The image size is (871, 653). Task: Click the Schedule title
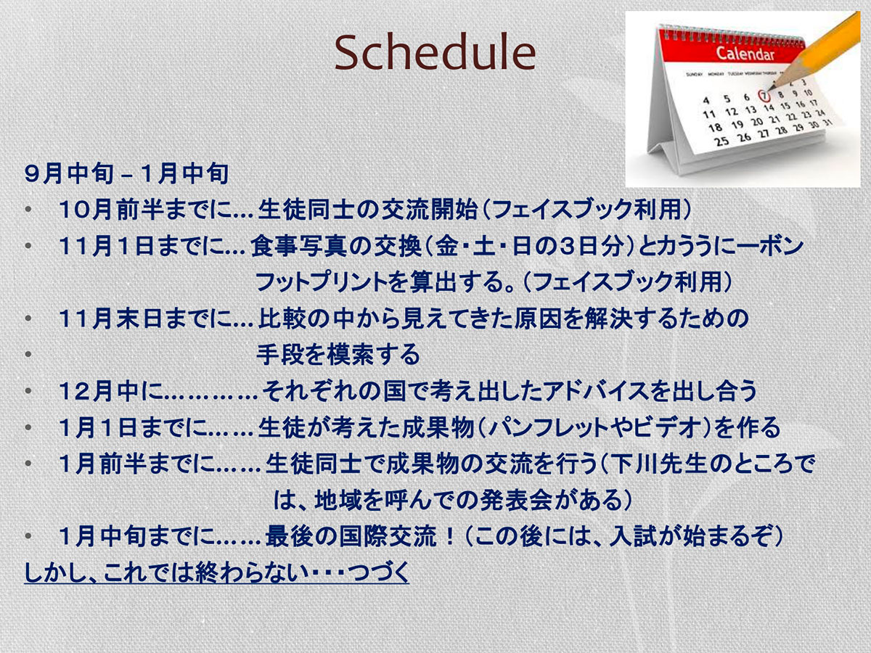coord(435,53)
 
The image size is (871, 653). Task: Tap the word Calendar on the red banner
coord(745,54)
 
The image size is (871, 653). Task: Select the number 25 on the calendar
coord(721,141)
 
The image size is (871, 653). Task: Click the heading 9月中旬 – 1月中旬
coord(126,173)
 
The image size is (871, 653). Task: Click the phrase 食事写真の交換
coord(336,246)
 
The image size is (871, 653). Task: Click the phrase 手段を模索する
coord(338,355)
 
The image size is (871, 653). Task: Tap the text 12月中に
coord(111,391)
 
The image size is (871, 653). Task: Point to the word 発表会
coord(516,501)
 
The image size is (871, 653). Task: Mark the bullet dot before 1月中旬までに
coord(28,537)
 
